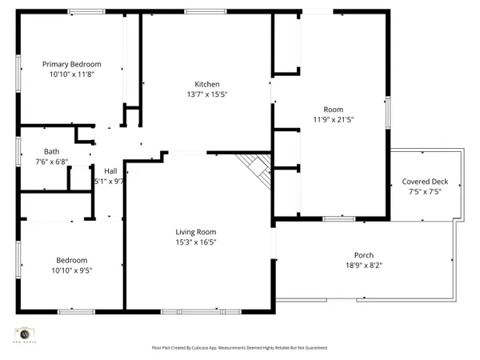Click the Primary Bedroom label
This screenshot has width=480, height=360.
tap(72, 64)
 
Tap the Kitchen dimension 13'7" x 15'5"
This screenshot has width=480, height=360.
tap(206, 94)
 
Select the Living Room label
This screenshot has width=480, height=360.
tap(196, 233)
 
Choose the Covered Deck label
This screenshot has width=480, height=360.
tap(425, 182)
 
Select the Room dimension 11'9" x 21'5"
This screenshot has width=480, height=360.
tap(333, 119)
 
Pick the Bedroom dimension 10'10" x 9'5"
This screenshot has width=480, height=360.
tap(71, 270)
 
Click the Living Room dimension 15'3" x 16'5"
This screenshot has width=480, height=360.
tap(196, 242)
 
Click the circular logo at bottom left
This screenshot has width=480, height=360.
tap(24, 333)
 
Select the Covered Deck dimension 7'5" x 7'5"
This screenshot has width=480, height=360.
tap(425, 191)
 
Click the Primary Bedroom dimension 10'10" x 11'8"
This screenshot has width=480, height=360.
tap(72, 74)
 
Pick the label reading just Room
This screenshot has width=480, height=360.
tap(333, 110)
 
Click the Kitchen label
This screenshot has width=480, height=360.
tap(206, 85)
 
